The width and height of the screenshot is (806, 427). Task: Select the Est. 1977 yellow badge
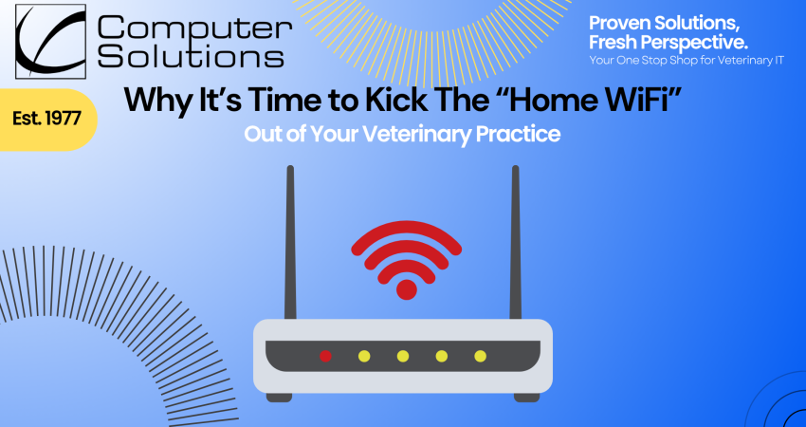click(46, 120)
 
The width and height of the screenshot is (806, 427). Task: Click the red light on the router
click(325, 356)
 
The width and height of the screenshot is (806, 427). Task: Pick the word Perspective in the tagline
click(679, 42)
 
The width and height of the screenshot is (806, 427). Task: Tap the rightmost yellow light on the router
click(481, 356)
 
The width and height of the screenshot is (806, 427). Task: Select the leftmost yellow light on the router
click(364, 356)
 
